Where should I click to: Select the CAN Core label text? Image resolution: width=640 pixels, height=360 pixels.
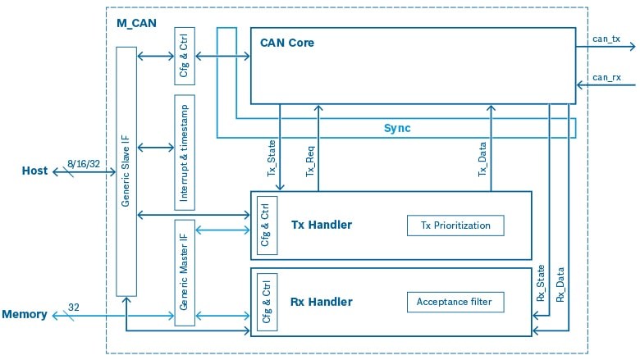coord(286,42)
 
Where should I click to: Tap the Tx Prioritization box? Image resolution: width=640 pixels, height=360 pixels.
coord(455,225)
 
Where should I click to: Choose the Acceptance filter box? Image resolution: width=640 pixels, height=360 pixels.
coord(455,302)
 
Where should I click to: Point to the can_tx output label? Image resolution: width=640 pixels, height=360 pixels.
coord(606,38)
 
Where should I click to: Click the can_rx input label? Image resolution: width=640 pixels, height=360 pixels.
coord(606,76)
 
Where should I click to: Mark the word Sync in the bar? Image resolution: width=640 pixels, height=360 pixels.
coord(397,128)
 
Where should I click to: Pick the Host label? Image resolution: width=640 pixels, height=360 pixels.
coord(34,171)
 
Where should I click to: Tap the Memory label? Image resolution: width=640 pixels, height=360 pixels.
coord(24,314)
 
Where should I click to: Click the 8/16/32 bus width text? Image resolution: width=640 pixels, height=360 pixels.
coord(83,164)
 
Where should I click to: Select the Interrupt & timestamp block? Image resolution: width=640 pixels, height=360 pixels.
coord(185,152)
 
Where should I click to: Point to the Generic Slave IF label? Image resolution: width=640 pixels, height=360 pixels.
coord(126,172)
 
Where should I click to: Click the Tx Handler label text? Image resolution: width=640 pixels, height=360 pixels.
coord(322,225)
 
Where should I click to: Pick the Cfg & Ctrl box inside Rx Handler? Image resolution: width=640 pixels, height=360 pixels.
coord(267,302)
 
